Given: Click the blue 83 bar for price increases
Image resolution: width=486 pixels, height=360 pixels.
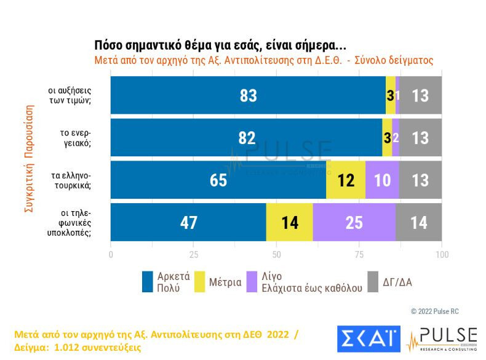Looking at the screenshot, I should point(248,96).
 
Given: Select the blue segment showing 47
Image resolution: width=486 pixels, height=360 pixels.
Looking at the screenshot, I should point(188,223).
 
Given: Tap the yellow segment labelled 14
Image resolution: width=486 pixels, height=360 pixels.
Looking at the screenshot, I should point(289,223).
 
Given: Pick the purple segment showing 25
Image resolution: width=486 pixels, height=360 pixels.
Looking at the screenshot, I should point(354,223).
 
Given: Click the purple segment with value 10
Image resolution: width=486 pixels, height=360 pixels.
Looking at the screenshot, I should point(382,180).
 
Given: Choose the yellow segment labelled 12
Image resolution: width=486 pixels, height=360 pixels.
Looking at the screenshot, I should point(346,180).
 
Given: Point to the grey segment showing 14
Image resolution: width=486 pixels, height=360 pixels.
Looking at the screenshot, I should point(418,223).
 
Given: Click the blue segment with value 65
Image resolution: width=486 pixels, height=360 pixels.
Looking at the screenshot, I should point(218,180).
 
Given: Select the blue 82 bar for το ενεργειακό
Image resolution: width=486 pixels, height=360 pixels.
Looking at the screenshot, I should point(246,138).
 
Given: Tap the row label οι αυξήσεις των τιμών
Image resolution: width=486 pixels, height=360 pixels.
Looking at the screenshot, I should point(70,96).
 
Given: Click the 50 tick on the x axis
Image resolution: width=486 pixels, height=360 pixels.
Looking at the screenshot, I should point(276,254).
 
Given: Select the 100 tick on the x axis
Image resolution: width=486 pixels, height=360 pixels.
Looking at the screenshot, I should point(441,254).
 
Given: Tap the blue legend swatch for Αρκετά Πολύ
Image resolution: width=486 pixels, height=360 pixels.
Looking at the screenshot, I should point(147,281).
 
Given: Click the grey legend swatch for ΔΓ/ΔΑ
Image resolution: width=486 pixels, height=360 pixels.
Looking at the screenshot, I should point(372,281).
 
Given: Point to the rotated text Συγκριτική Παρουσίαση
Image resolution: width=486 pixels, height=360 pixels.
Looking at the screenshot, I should point(28,159).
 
